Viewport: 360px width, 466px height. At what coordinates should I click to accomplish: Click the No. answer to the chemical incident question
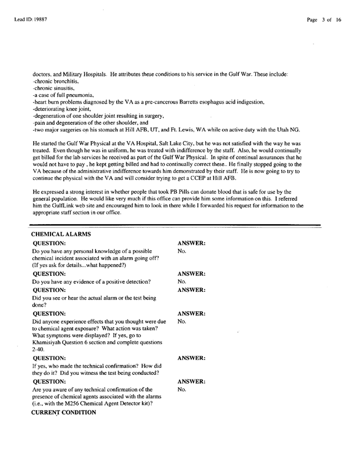181,252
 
